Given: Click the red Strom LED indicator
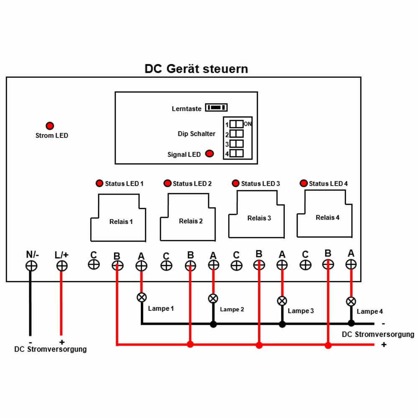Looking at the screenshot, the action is pyautogui.click(x=50, y=125).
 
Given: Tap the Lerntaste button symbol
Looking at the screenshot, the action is pyautogui.click(x=216, y=107).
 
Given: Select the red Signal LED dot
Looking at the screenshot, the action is pyautogui.click(x=209, y=153).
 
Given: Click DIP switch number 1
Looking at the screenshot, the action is pyautogui.click(x=237, y=124).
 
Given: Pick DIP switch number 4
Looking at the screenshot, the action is pyautogui.click(x=237, y=153).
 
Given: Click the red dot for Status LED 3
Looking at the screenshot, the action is pyautogui.click(x=236, y=183).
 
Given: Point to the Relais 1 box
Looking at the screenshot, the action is pyautogui.click(x=118, y=218).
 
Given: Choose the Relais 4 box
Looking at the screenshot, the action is pyautogui.click(x=325, y=214).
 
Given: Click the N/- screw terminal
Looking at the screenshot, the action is pyautogui.click(x=31, y=266).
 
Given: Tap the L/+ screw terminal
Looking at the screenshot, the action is pyautogui.click(x=62, y=266).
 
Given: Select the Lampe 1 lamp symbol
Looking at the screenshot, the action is pyautogui.click(x=142, y=297).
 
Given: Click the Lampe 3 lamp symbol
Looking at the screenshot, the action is pyautogui.click(x=282, y=301).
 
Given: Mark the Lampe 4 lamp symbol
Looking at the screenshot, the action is pyautogui.click(x=351, y=301).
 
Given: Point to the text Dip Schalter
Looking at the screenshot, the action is pyautogui.click(x=196, y=134).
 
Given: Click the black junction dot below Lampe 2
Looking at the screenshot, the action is pyautogui.click(x=213, y=324).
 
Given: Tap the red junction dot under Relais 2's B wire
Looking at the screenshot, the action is pyautogui.click(x=190, y=344).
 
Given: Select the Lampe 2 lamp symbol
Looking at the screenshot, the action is pyautogui.click(x=213, y=298).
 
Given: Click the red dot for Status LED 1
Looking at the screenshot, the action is pyautogui.click(x=99, y=183).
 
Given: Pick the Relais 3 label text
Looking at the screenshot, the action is pyautogui.click(x=259, y=218).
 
